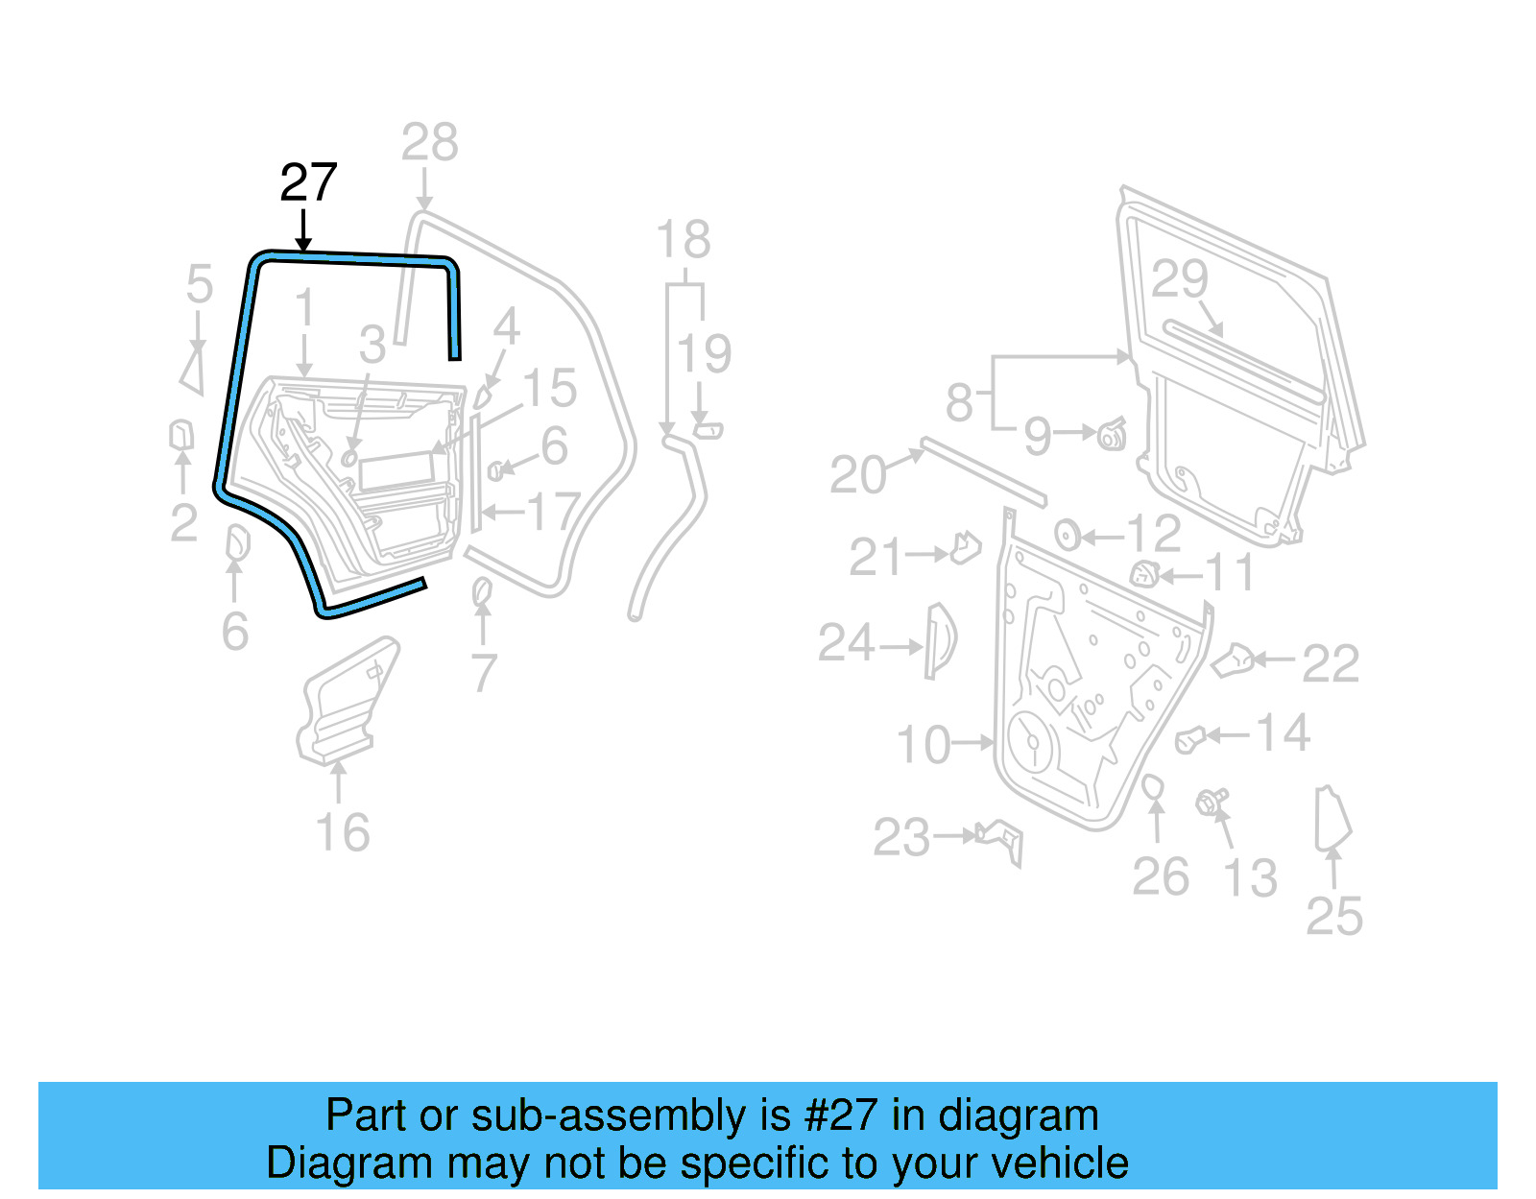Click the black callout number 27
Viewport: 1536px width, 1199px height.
[308, 182]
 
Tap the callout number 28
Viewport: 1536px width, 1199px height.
[429, 143]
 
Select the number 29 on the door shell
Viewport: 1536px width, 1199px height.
[1179, 279]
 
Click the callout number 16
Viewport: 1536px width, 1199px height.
[342, 832]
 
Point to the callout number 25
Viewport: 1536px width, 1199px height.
[1334, 917]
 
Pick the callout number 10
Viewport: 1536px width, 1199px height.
[924, 745]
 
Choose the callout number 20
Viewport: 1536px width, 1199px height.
[857, 475]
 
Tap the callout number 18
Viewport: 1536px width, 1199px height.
[683, 240]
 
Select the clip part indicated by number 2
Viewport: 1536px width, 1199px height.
[180, 435]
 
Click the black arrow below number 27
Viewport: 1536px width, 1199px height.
[303, 231]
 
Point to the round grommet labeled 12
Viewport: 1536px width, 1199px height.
[1067, 534]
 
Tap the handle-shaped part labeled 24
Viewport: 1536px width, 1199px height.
[939, 641]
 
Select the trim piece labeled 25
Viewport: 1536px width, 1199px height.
[1331, 819]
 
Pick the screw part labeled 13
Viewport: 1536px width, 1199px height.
[1212, 802]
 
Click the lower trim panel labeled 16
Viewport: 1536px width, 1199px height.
[346, 703]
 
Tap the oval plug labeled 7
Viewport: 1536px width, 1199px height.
[482, 592]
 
